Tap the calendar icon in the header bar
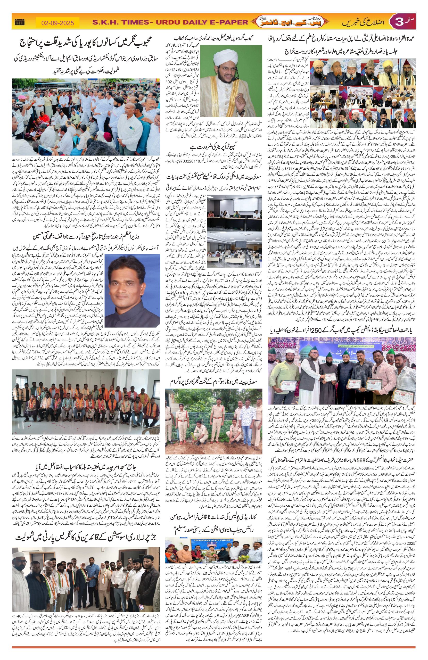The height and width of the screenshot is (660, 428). coord(20,22)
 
